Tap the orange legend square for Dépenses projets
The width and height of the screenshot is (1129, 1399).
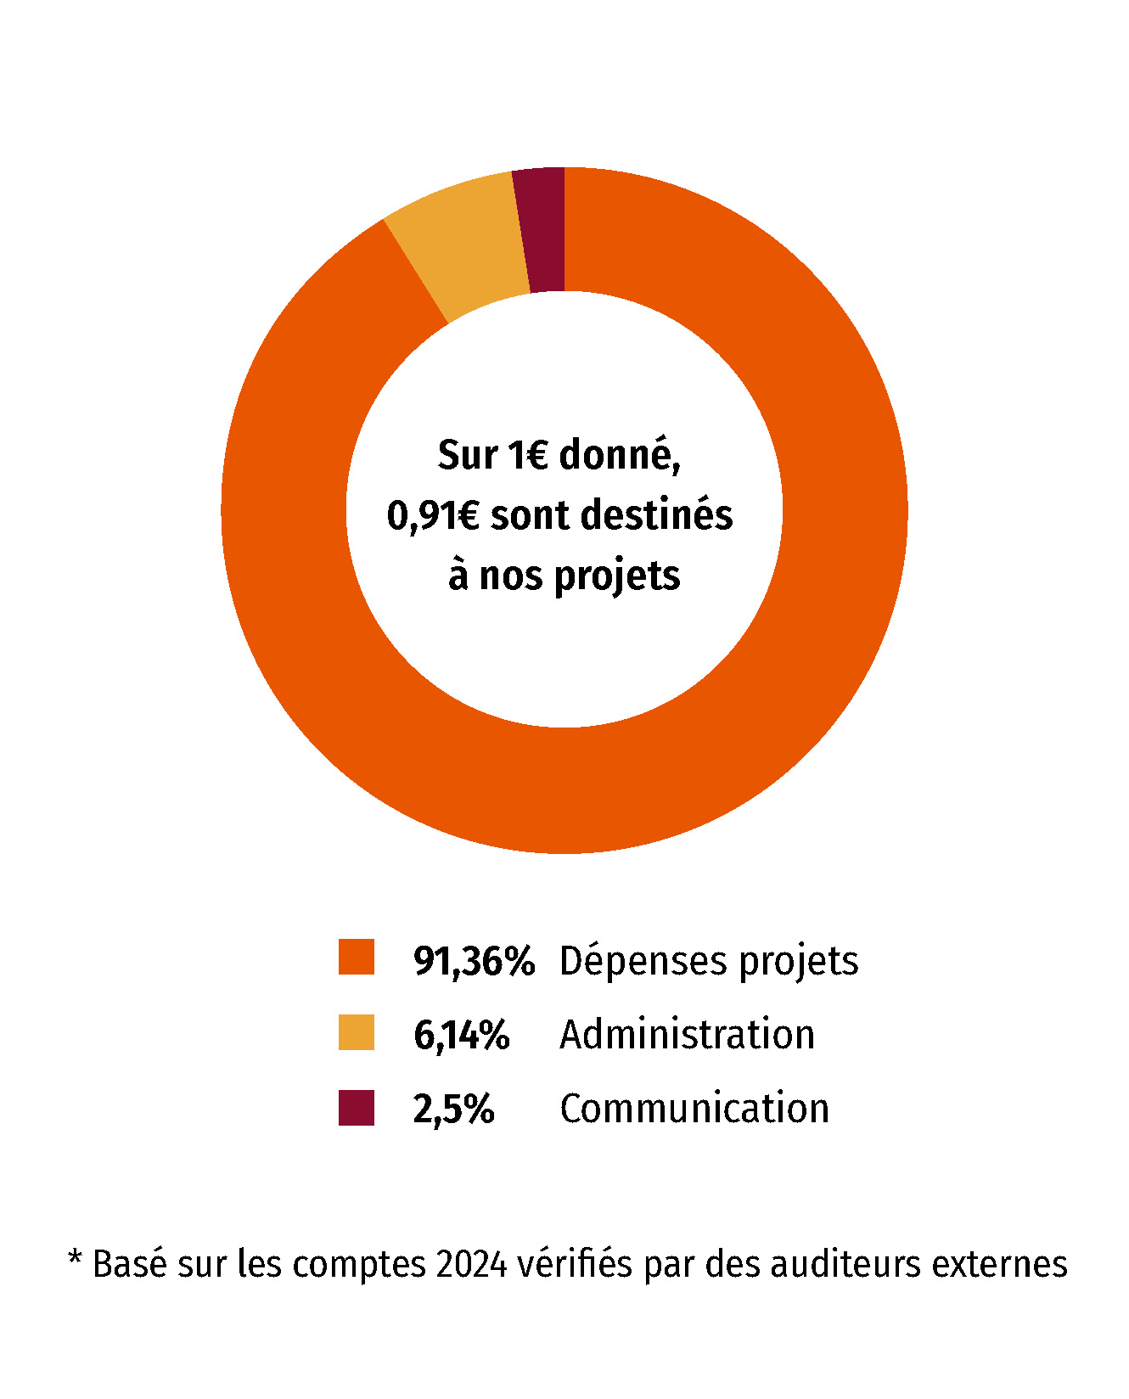pyautogui.click(x=357, y=957)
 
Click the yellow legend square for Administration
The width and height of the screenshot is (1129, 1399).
pyautogui.click(x=357, y=1032)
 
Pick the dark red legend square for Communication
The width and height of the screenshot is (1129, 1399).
pyautogui.click(x=357, y=1108)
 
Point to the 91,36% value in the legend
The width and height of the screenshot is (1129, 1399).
pyautogui.click(x=474, y=961)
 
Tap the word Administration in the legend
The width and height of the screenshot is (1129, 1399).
pyautogui.click(x=687, y=1035)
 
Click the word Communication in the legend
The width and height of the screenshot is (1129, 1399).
pyautogui.click(x=694, y=1109)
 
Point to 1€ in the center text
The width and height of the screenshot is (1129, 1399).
pyautogui.click(x=528, y=456)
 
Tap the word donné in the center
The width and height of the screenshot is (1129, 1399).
pyautogui.click(x=619, y=456)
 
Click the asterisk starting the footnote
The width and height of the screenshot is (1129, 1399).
pyautogui.click(x=75, y=1258)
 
